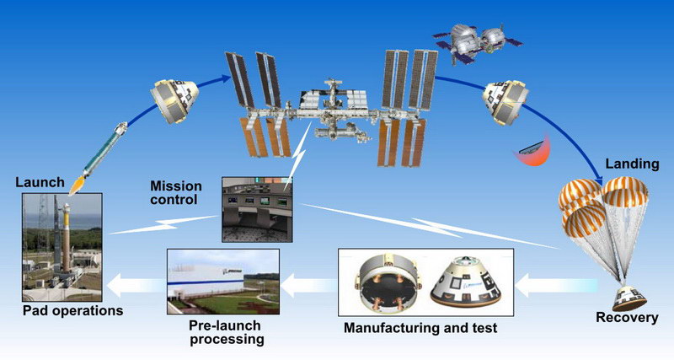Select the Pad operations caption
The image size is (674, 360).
click(x=72, y=311)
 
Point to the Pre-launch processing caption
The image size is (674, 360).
click(x=223, y=332)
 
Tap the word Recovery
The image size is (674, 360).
click(x=626, y=318)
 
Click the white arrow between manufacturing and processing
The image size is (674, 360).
click(x=308, y=286)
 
